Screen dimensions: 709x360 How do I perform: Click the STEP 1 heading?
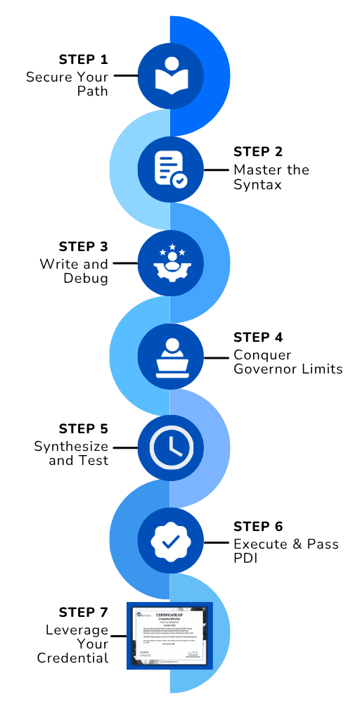[83, 58]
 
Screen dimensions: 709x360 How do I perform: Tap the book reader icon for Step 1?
[170, 75]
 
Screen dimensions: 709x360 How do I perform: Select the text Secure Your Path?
[67, 84]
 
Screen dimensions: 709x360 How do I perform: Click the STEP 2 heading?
[257, 152]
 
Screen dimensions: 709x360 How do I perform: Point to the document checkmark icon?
[170, 170]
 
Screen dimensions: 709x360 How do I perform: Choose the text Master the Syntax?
[271, 177]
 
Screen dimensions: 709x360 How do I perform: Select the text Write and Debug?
[74, 272]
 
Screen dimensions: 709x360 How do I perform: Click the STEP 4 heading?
[257, 338]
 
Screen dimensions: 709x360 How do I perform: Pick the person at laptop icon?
[170, 357]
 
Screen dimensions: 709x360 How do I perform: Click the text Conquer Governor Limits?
[288, 362]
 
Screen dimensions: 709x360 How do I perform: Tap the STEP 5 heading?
[83, 429]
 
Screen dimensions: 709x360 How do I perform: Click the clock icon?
[170, 448]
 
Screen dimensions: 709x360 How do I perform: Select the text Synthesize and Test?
[71, 454]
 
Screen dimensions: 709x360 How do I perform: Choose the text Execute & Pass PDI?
[285, 551]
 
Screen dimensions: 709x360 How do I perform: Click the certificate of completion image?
[169, 635]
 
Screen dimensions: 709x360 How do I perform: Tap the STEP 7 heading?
[83, 612]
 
